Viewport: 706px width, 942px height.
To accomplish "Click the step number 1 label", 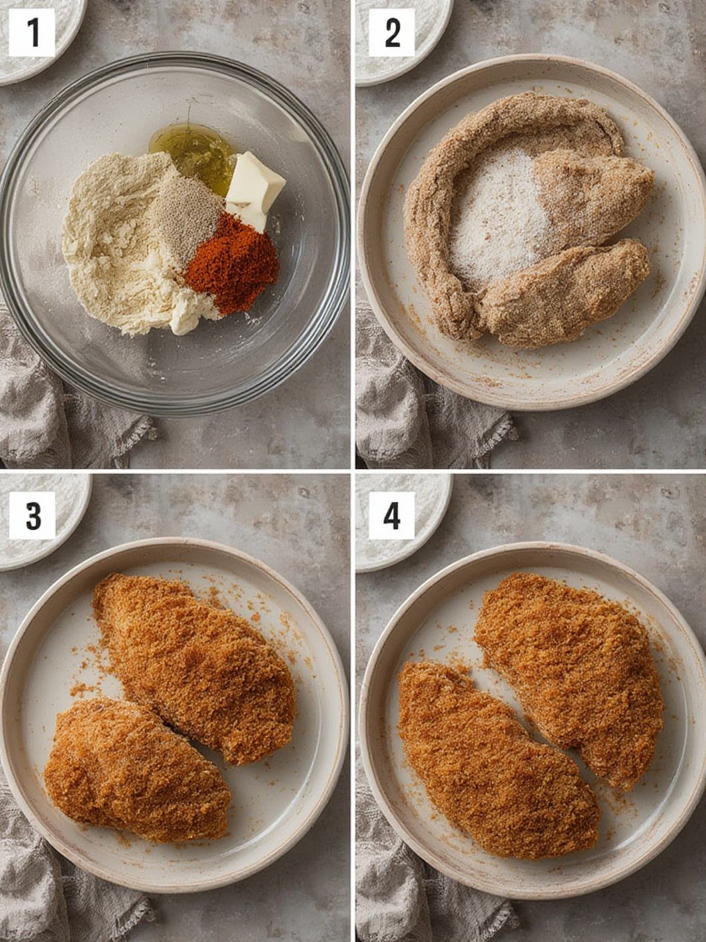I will coord(32,32).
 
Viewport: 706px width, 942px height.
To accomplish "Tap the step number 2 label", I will coord(392,32).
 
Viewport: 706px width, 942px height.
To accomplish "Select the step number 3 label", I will coord(32,515).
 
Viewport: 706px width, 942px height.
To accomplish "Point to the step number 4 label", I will coord(392,515).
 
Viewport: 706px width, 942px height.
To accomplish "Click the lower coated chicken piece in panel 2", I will coord(566,293).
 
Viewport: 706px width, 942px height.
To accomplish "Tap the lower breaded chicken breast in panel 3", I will coord(137,769).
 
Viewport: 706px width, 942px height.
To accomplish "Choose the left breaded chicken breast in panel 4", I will coord(496,759).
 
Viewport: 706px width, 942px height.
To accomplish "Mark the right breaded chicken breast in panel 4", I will coord(573,673).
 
